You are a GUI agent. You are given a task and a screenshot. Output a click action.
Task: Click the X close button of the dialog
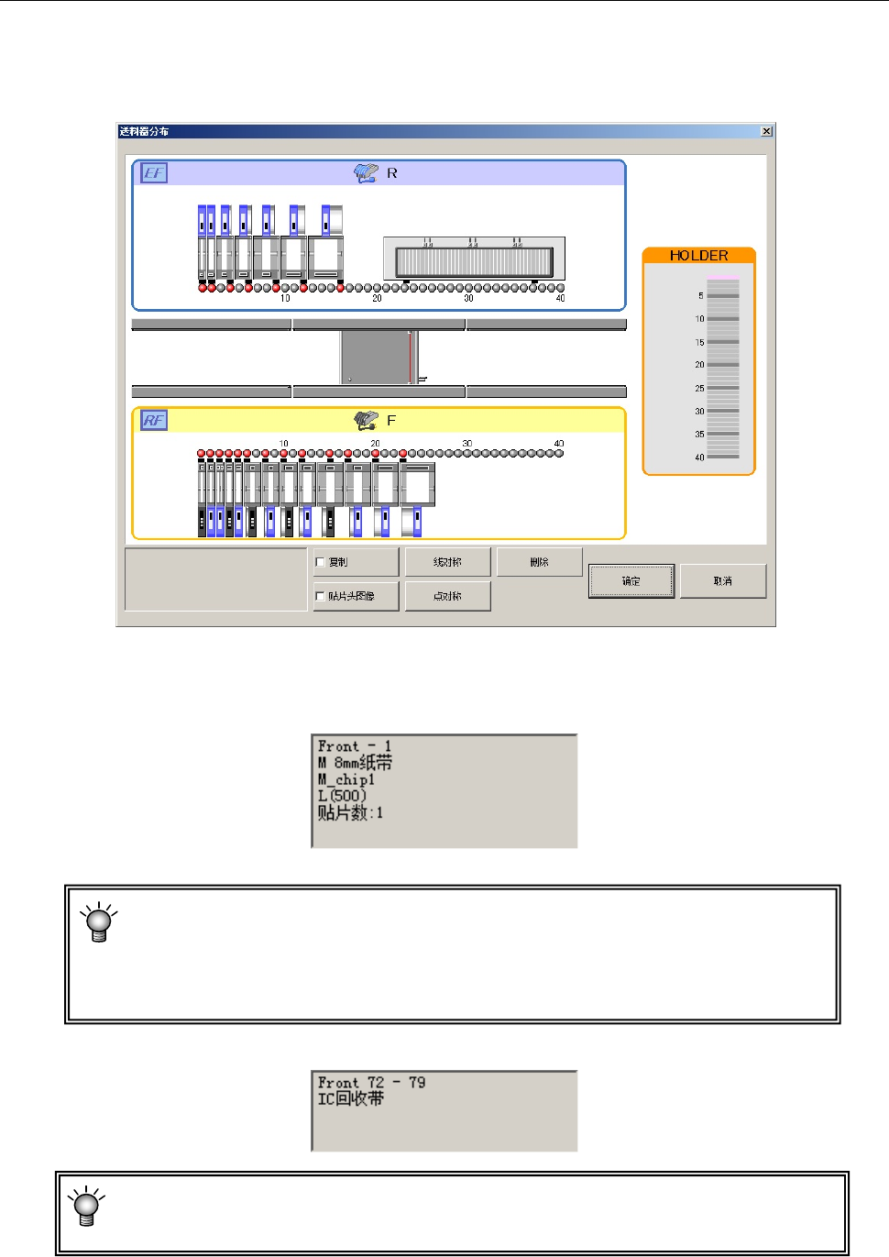(766, 131)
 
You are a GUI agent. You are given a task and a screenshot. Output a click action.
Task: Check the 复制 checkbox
(320, 562)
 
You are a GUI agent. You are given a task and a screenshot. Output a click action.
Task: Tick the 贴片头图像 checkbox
(320, 596)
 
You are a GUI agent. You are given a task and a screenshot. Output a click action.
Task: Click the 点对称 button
(447, 596)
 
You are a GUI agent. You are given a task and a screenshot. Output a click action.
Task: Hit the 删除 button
(539, 562)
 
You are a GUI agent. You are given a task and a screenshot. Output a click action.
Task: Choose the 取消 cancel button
(722, 580)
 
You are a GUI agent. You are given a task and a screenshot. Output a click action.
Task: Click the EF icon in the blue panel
(154, 172)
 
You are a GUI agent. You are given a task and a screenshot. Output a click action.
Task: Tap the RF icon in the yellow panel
(154, 420)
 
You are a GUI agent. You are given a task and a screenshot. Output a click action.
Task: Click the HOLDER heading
(698, 256)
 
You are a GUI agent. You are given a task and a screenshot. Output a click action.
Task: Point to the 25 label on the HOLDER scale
(699, 389)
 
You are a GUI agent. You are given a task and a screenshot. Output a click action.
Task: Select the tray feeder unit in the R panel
(474, 259)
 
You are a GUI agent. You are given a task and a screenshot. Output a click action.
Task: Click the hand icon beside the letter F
(367, 420)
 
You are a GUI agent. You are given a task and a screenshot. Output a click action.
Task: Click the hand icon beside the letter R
(367, 172)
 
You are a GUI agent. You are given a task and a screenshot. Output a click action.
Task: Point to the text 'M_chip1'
(346, 779)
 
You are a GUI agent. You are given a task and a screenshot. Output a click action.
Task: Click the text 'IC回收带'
(351, 1098)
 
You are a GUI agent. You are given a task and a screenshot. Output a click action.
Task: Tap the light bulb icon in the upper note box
(98, 921)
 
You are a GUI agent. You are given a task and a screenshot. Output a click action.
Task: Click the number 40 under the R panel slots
(560, 298)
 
